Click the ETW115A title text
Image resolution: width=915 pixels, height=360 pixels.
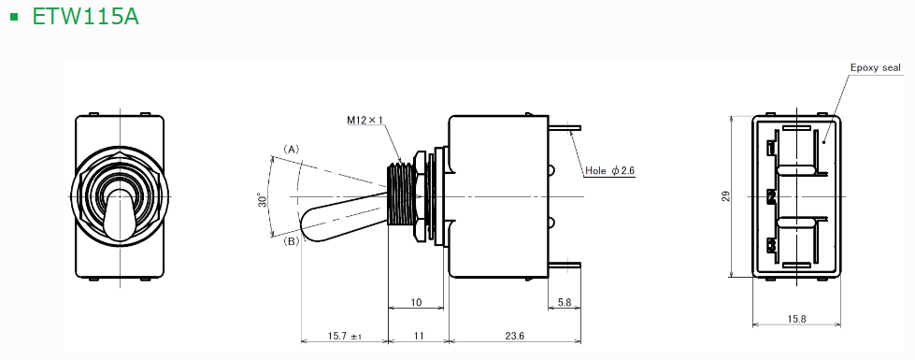pyautogui.click(x=85, y=16)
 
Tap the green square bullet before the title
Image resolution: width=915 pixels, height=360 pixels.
pyautogui.click(x=15, y=16)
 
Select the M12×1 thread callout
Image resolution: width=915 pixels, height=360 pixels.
pyautogui.click(x=365, y=121)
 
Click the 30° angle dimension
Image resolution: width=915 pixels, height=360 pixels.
pyautogui.click(x=264, y=199)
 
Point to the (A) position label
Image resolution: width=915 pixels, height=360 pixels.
pyautogui.click(x=292, y=150)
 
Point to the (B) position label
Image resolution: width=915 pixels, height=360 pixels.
pyautogui.click(x=292, y=240)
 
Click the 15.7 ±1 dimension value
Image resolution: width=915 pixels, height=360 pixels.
pyautogui.click(x=345, y=336)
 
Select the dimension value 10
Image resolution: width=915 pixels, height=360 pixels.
pyautogui.click(x=416, y=303)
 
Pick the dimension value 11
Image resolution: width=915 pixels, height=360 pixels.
pyautogui.click(x=418, y=336)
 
